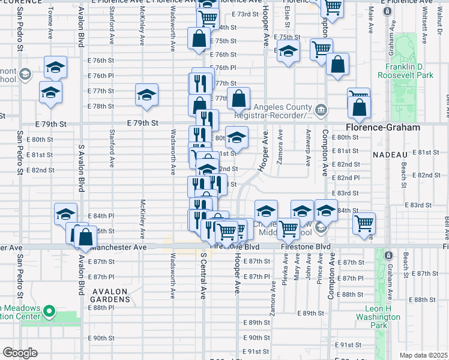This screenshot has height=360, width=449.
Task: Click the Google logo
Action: coord(20,353)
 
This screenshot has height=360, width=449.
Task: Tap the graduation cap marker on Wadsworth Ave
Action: coord(146,94)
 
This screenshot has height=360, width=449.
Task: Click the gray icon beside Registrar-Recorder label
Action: coord(321,109)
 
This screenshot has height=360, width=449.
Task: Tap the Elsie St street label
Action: coord(288,16)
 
